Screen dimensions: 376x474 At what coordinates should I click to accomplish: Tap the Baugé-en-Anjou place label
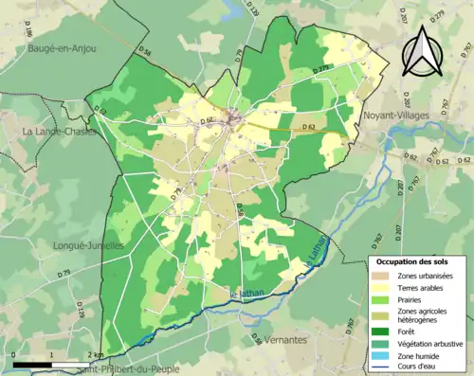pos(61,46)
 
